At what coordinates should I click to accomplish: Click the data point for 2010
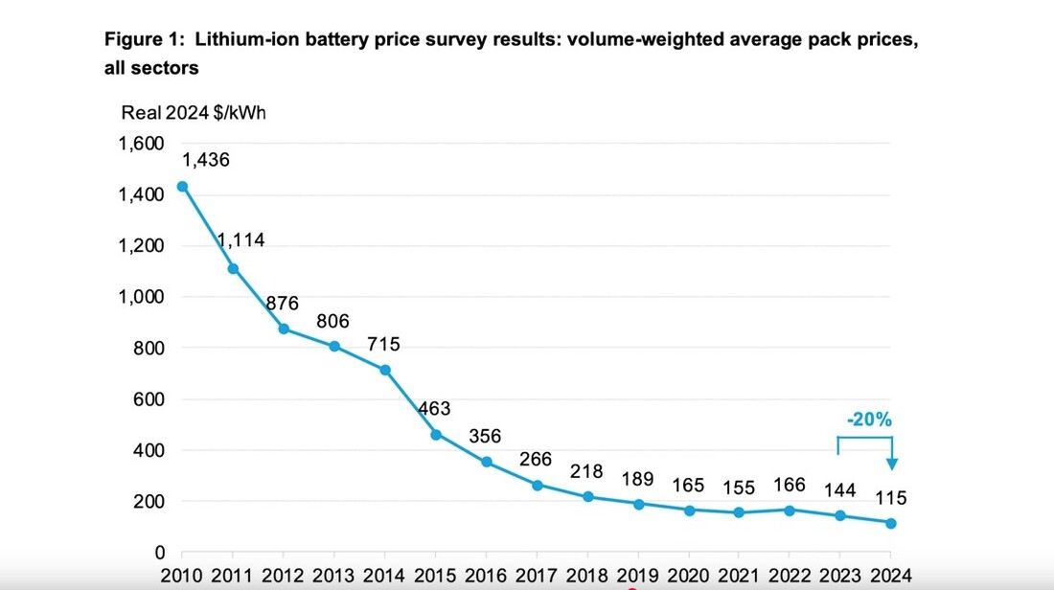coord(182,187)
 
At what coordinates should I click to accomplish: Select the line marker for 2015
coord(435,435)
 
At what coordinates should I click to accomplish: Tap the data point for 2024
coord(890,523)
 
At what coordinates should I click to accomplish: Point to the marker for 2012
coord(284,329)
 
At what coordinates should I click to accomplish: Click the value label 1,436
coord(205,160)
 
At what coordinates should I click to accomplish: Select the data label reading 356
coord(485,437)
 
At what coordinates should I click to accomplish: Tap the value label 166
coord(789,485)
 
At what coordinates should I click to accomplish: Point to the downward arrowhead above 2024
coord(891,465)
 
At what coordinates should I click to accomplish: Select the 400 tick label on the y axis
coord(148,450)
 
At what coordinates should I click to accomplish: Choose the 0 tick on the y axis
coord(160,553)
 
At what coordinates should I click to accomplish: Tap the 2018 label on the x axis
coord(586,577)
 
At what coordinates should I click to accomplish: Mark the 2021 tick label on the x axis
coord(738,577)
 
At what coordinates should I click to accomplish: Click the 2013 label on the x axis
coord(333,577)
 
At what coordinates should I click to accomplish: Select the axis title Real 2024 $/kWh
coord(194,113)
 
